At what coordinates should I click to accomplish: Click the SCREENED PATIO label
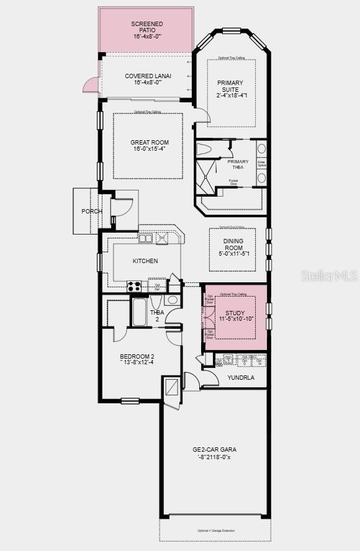(x=146, y=30)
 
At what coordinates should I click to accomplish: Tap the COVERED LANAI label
(x=148, y=80)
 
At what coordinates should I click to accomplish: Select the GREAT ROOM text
(x=149, y=146)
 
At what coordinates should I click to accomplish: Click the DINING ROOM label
(x=233, y=247)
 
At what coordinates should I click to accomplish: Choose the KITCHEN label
(x=145, y=261)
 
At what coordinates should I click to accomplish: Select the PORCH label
(x=92, y=212)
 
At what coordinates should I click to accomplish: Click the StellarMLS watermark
(x=329, y=275)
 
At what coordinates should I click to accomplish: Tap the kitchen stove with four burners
(x=134, y=286)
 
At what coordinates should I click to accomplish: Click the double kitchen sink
(x=146, y=238)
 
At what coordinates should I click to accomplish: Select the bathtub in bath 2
(x=140, y=312)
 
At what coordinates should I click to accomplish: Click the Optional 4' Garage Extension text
(x=216, y=531)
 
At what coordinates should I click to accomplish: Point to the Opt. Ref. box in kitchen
(x=158, y=287)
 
